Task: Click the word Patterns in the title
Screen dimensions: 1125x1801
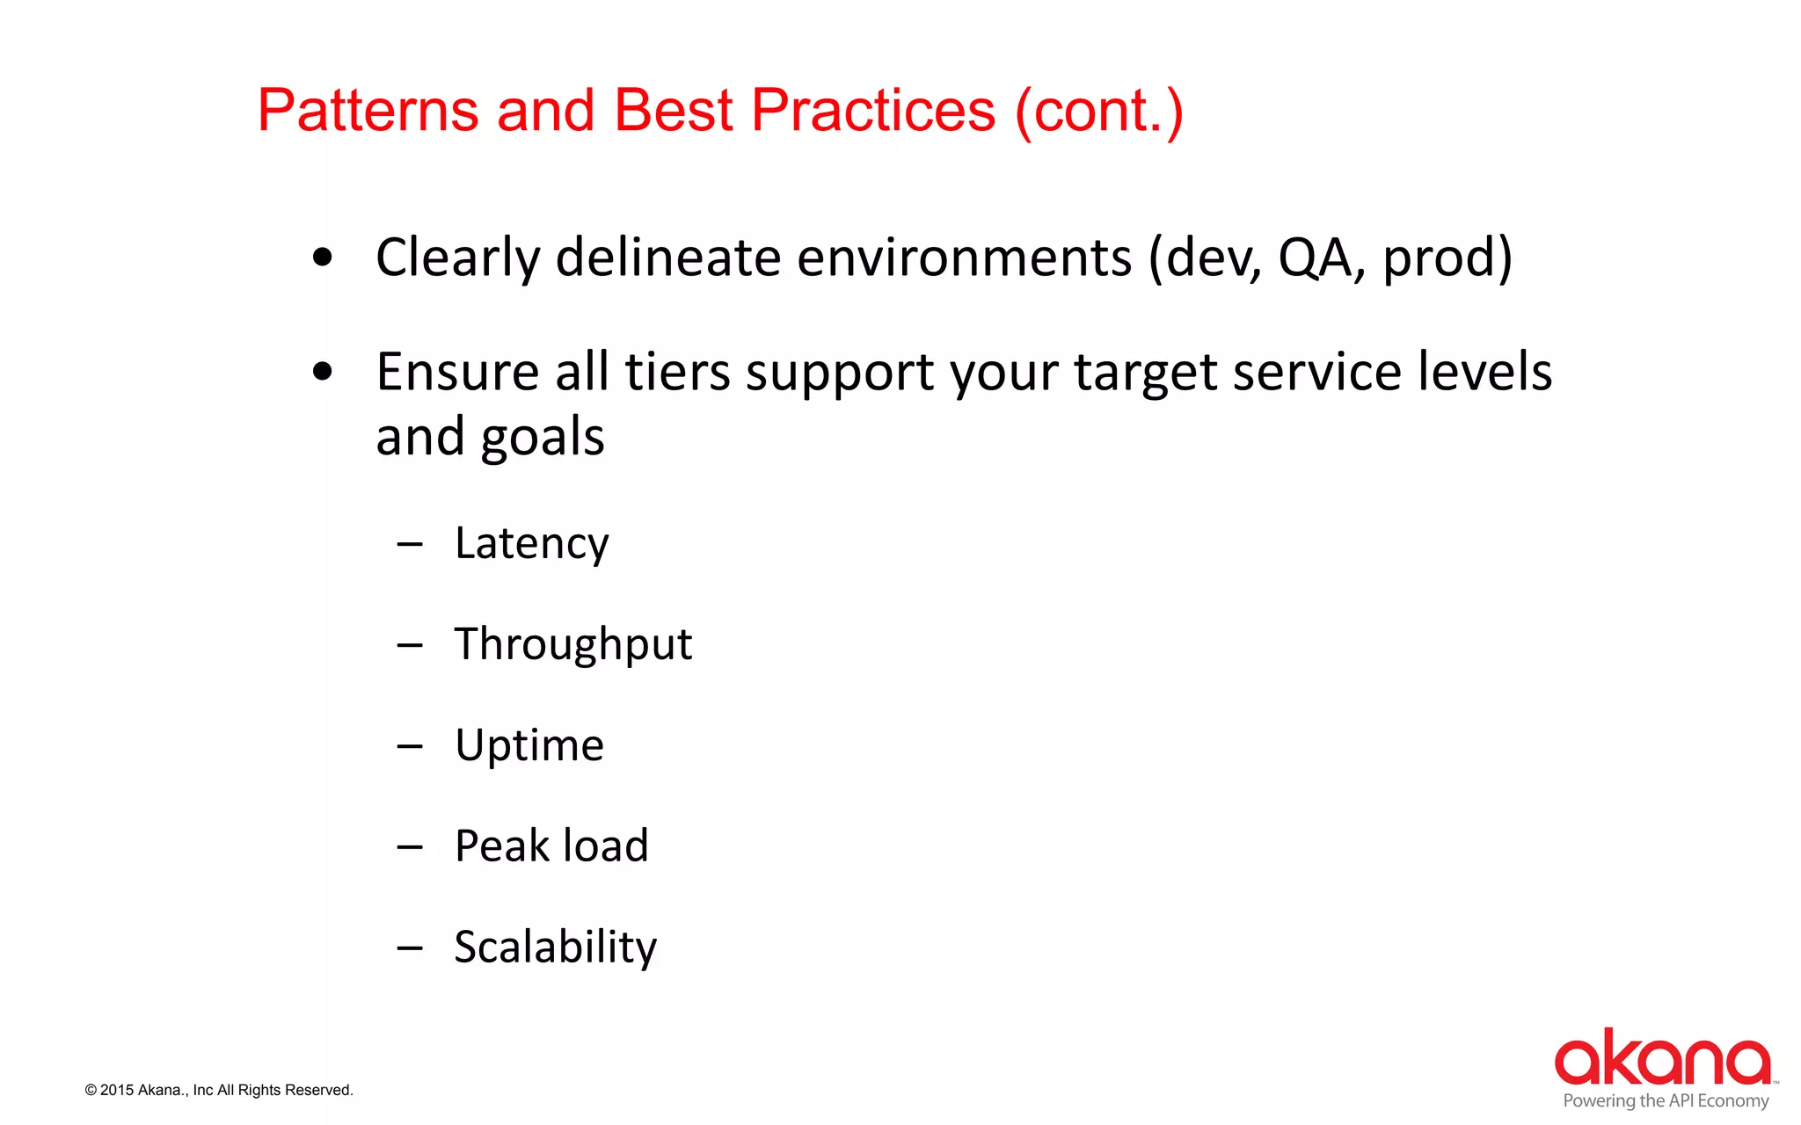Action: point(368,111)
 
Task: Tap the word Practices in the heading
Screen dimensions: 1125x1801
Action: point(873,111)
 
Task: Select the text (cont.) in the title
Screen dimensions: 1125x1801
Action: point(1099,112)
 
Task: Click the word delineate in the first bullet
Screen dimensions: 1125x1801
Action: point(668,258)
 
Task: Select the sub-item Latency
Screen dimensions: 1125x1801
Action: point(531,544)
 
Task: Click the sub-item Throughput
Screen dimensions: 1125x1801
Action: point(572,644)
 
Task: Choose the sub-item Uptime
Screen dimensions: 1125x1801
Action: point(529,746)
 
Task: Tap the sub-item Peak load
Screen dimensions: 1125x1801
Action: point(551,846)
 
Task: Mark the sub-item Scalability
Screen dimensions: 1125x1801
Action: point(555,947)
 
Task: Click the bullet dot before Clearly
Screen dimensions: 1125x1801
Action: point(323,258)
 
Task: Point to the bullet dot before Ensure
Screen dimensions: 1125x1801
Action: point(323,372)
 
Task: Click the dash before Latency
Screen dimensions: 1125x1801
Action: point(410,545)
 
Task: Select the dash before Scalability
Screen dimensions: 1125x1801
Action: point(410,948)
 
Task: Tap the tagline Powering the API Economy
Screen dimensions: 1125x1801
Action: point(1666,1101)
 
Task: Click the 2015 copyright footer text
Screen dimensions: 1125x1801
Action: point(219,1090)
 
